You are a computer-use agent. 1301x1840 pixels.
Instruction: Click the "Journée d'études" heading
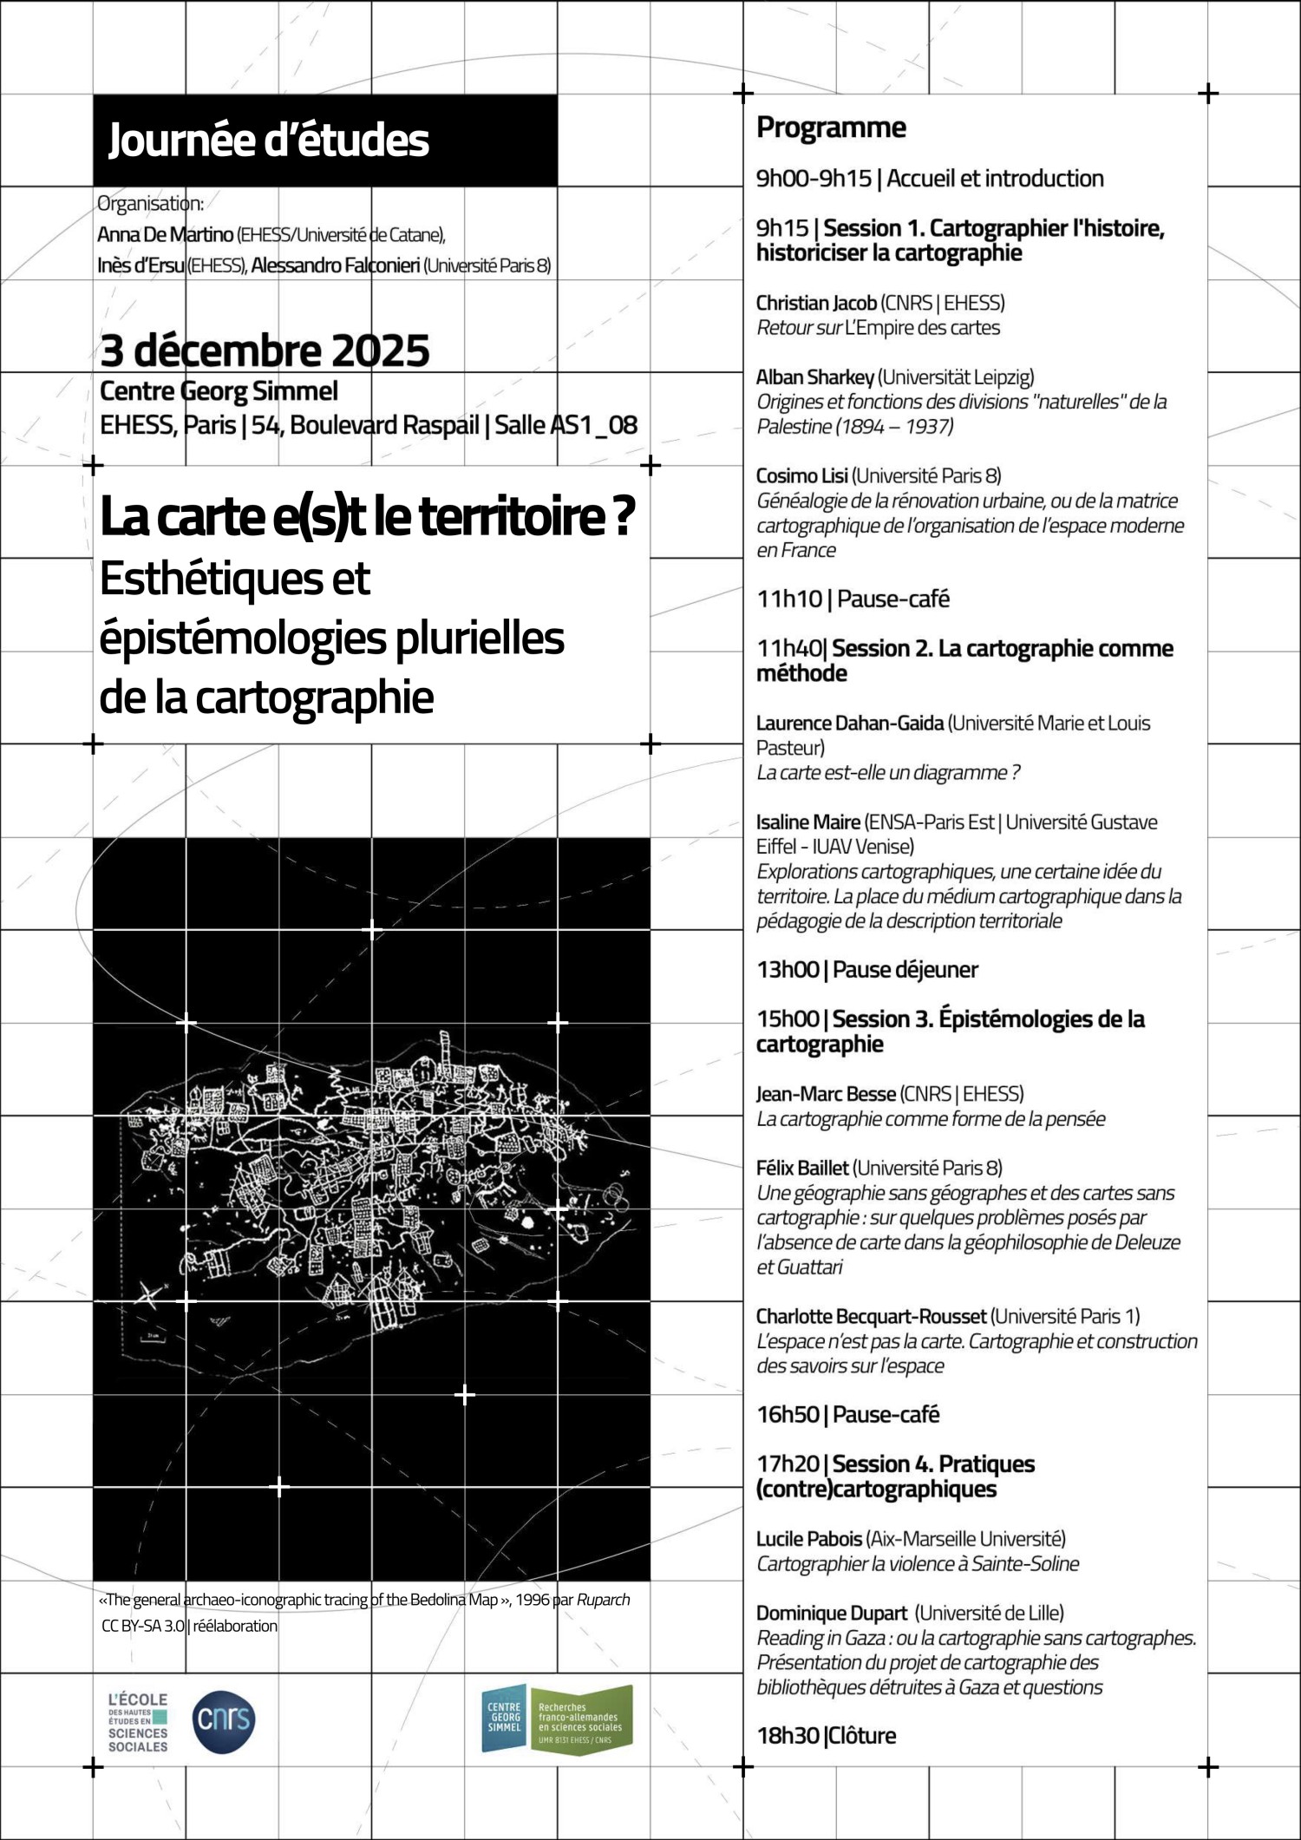click(268, 141)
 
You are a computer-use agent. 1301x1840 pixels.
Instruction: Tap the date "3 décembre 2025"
click(265, 350)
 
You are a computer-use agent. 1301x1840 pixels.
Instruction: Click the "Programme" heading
click(831, 128)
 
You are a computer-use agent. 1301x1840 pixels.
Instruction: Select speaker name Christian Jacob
click(815, 303)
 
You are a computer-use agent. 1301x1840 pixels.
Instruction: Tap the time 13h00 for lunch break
click(788, 969)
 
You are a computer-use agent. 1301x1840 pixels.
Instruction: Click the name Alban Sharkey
click(814, 377)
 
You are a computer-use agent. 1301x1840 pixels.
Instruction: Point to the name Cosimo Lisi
click(801, 475)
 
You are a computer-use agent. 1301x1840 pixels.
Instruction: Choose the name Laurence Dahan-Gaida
click(849, 723)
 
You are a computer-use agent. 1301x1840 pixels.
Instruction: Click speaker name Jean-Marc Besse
click(826, 1093)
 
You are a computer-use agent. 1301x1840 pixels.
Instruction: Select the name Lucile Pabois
click(808, 1538)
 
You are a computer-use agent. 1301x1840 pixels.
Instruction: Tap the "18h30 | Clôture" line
click(826, 1735)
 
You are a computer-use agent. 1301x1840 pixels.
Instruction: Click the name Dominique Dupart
click(831, 1613)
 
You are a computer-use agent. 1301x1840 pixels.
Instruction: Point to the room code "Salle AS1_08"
click(566, 425)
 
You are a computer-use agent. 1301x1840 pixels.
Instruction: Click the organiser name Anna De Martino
click(165, 234)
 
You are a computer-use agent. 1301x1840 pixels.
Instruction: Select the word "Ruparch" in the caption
click(603, 1599)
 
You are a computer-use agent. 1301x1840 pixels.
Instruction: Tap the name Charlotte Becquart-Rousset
click(871, 1316)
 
